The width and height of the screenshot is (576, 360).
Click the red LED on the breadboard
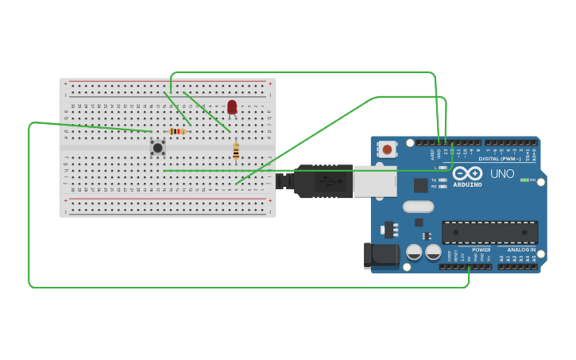point(232,107)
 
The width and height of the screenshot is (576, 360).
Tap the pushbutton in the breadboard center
point(157,147)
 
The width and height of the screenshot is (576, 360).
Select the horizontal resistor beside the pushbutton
point(176,131)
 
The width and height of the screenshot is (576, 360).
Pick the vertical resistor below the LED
point(236,150)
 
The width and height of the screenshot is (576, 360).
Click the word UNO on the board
point(501,173)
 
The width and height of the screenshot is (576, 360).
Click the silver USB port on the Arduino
point(374,180)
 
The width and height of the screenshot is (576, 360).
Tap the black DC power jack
point(381,254)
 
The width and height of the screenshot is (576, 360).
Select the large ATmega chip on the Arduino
point(489,232)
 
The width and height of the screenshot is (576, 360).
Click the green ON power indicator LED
point(524,180)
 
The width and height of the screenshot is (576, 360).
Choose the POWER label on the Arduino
point(481,250)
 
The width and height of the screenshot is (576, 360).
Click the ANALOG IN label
point(521,250)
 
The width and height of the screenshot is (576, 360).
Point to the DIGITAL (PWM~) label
point(500,159)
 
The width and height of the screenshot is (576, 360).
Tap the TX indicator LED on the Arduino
point(443,180)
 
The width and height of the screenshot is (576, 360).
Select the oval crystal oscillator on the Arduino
point(418,207)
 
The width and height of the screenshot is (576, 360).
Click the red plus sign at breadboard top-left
point(66,83)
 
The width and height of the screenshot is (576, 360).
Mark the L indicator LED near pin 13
point(443,168)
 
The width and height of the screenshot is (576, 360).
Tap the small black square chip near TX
point(420,185)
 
